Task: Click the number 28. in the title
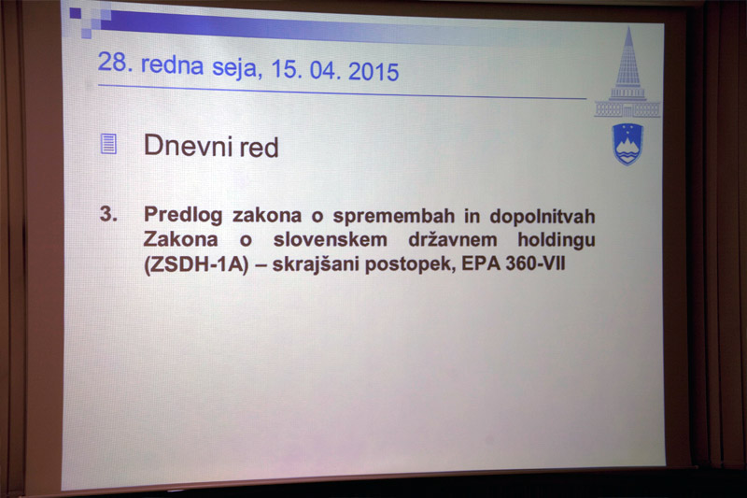[112, 62]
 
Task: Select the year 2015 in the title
[373, 72]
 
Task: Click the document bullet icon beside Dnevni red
[108, 144]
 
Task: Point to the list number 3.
[108, 214]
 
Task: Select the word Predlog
[183, 215]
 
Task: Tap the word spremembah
[394, 217]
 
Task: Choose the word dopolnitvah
[543, 217]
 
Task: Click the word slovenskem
[331, 239]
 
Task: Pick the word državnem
[453, 239]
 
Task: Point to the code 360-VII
[535, 263]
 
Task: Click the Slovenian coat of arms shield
[627, 144]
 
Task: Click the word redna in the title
[173, 64]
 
